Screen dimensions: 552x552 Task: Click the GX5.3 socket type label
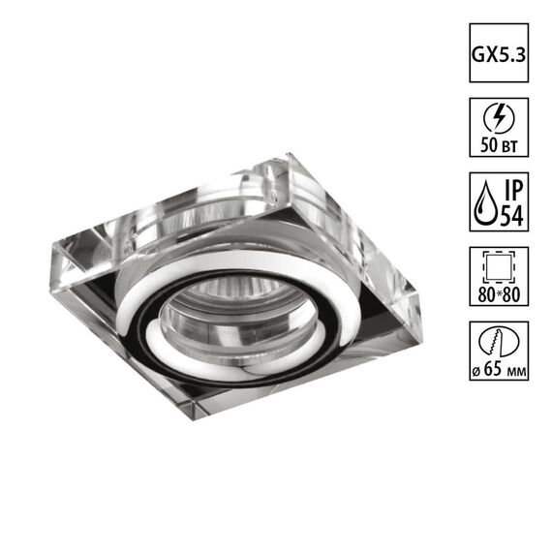(x=499, y=53)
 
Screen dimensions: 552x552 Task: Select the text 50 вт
(x=499, y=146)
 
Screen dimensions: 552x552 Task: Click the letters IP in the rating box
(x=511, y=190)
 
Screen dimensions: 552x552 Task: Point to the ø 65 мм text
(x=499, y=372)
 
